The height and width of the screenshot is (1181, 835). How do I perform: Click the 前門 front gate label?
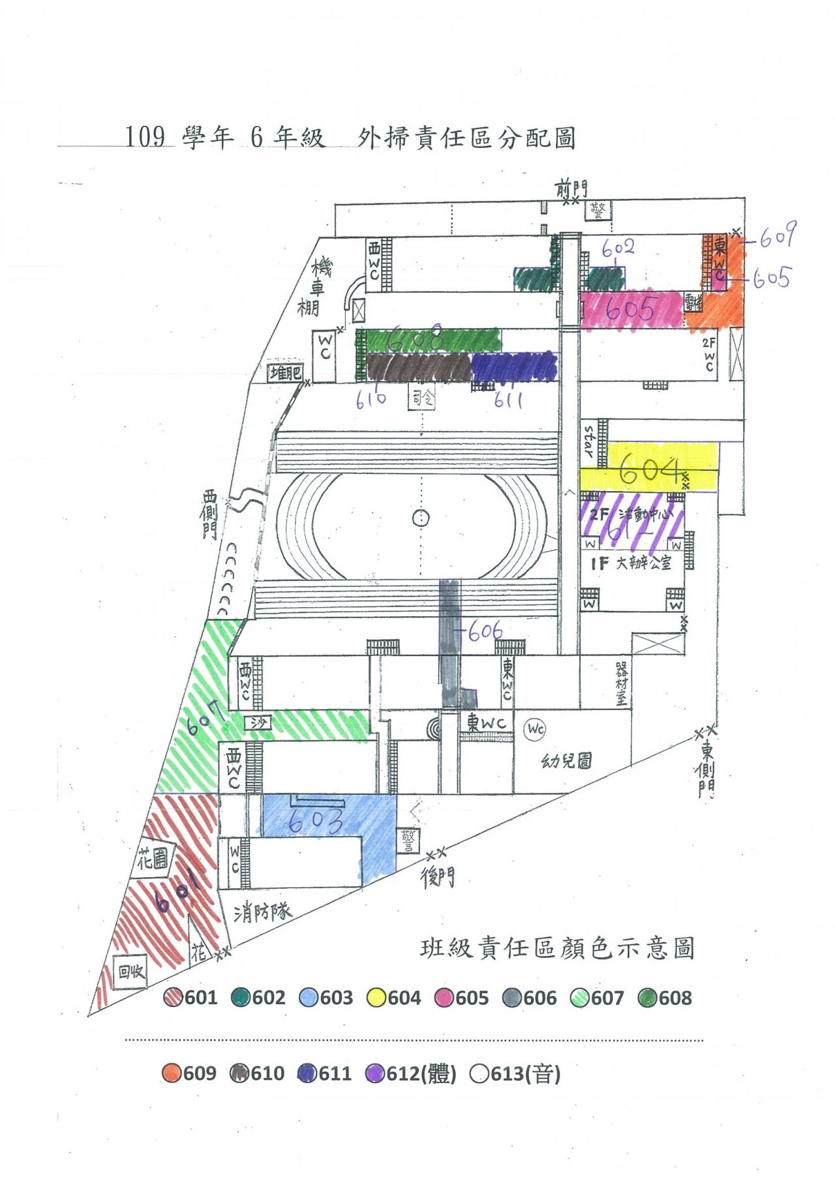571,189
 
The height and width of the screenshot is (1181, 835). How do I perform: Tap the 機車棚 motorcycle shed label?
314,286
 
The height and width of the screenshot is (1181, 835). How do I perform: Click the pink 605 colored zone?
630,310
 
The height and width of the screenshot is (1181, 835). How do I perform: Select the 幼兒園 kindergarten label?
566,760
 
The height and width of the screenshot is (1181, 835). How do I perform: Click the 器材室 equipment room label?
622,683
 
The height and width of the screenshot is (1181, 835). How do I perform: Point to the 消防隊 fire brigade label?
262,912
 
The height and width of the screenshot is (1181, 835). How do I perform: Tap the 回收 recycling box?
130,972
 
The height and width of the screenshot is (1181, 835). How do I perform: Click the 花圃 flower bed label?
153,860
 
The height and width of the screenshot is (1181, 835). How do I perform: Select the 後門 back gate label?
437,878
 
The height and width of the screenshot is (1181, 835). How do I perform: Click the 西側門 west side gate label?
209,515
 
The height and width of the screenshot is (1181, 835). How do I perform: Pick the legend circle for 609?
172,1073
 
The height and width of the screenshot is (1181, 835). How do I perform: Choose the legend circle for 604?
376,998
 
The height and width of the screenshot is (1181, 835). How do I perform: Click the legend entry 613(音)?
515,1073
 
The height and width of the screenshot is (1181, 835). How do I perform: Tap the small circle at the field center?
421,518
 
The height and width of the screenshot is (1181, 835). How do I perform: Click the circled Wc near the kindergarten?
536,728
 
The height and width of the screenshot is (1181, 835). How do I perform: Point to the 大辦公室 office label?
643,563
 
